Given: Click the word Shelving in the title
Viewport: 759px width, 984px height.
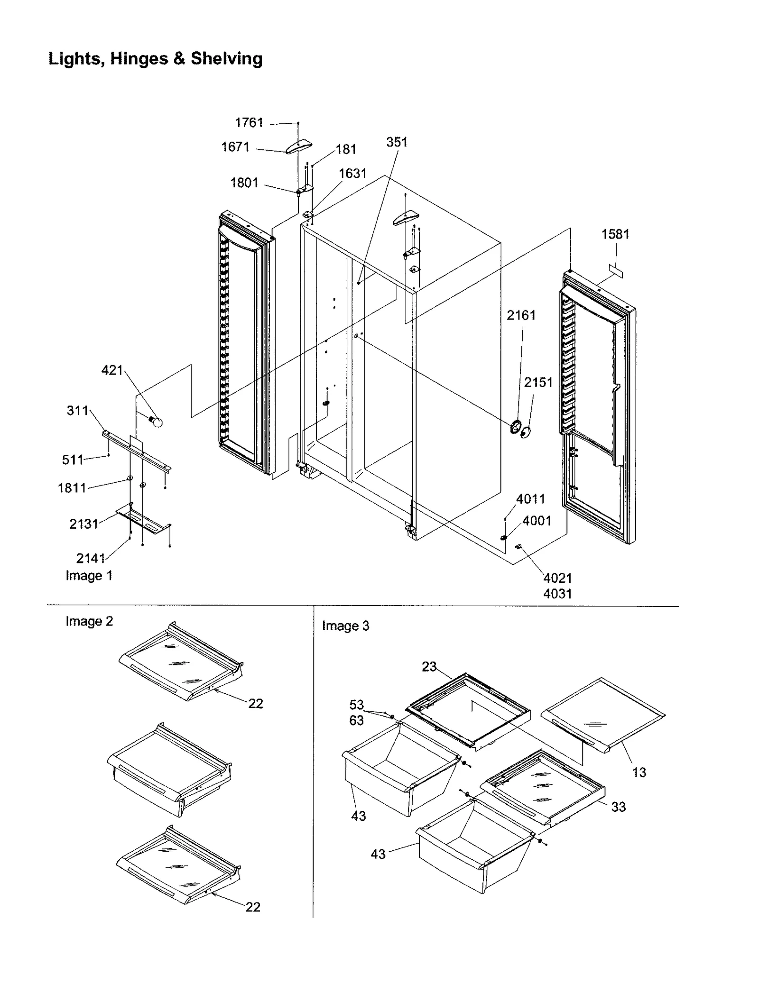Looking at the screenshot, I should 226,59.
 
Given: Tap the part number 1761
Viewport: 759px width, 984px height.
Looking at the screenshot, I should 249,123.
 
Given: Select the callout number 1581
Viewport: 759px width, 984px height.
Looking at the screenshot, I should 615,234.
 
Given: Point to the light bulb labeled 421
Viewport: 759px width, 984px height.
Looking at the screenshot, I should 156,421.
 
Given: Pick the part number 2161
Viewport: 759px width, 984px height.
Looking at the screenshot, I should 521,315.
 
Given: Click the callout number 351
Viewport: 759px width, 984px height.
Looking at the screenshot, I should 397,142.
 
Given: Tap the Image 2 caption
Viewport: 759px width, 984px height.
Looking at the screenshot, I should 89,621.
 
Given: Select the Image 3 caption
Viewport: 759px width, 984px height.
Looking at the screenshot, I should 345,626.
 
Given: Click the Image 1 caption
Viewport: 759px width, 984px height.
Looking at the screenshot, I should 89,576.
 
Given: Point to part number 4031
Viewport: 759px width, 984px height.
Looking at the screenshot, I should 557,594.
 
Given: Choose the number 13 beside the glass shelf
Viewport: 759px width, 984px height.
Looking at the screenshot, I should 639,772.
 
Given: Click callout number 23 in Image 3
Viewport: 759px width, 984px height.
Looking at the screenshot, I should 429,667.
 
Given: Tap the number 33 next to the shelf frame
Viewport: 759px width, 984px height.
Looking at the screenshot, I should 618,807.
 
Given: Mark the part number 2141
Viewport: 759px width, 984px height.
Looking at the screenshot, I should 91,559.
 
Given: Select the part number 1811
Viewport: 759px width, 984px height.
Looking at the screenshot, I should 72,488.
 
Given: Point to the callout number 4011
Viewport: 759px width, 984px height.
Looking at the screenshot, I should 530,499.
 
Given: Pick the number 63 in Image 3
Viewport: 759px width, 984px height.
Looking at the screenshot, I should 356,720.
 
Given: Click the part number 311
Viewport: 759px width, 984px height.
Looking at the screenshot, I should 77,410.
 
